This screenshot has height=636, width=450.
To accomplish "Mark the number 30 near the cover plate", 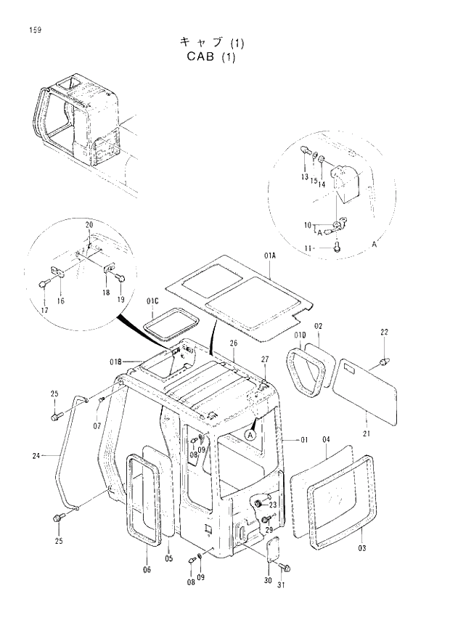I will point(268,581).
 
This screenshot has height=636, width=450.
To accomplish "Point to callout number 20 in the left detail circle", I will point(89,224).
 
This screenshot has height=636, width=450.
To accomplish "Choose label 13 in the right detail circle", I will point(305,177).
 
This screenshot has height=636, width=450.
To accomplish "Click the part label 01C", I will point(152,301).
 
